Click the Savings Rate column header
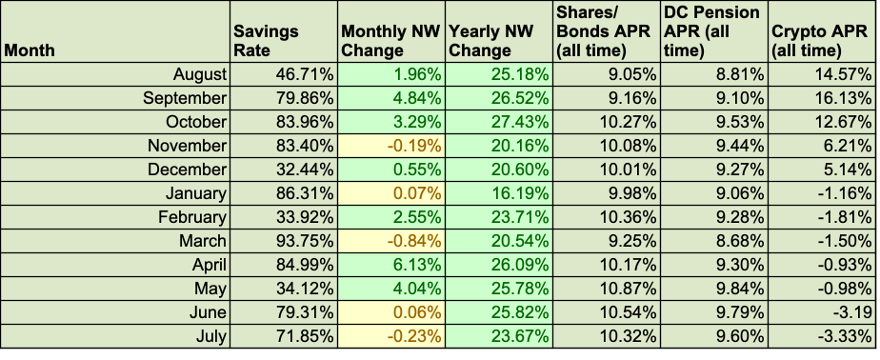pyautogui.click(x=266, y=40)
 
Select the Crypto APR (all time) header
pyautogui.click(x=820, y=40)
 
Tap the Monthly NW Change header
pyautogui.click(x=390, y=40)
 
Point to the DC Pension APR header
pyautogui.click(x=711, y=30)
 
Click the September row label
pyautogui.click(x=185, y=98)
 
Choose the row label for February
pyautogui.click(x=192, y=217)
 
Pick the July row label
pyautogui.click(x=211, y=336)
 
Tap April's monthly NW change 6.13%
pyautogui.click(x=415, y=265)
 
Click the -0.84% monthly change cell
pyautogui.click(x=412, y=241)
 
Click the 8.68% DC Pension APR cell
pyautogui.click(x=740, y=241)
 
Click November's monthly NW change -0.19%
pyautogui.click(x=412, y=146)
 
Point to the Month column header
pyautogui.click(x=30, y=50)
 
